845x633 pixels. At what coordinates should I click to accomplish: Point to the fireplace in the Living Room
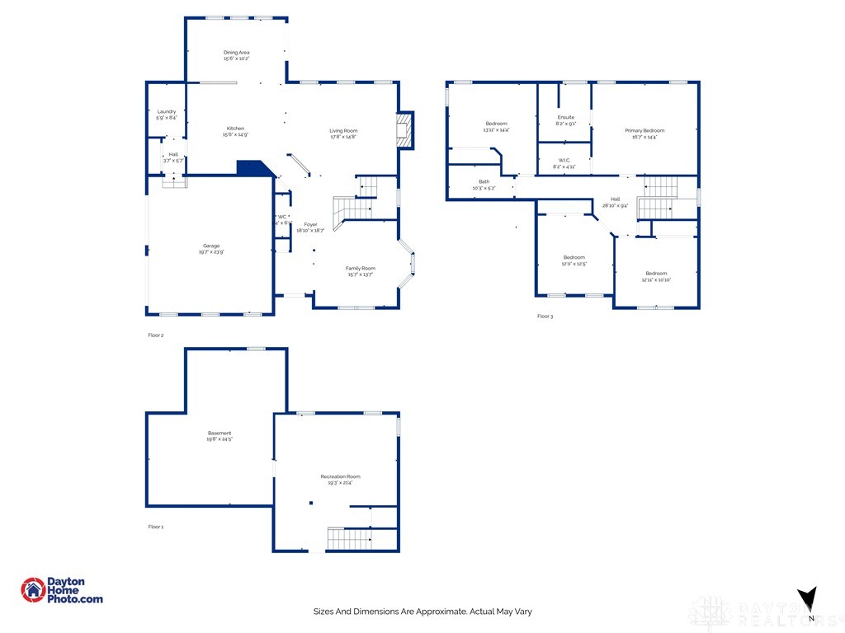tap(404, 130)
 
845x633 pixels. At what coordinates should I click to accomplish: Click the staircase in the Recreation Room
tap(347, 539)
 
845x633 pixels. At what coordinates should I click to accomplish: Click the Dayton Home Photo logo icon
tap(33, 589)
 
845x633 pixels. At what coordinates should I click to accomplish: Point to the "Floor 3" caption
tap(545, 316)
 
